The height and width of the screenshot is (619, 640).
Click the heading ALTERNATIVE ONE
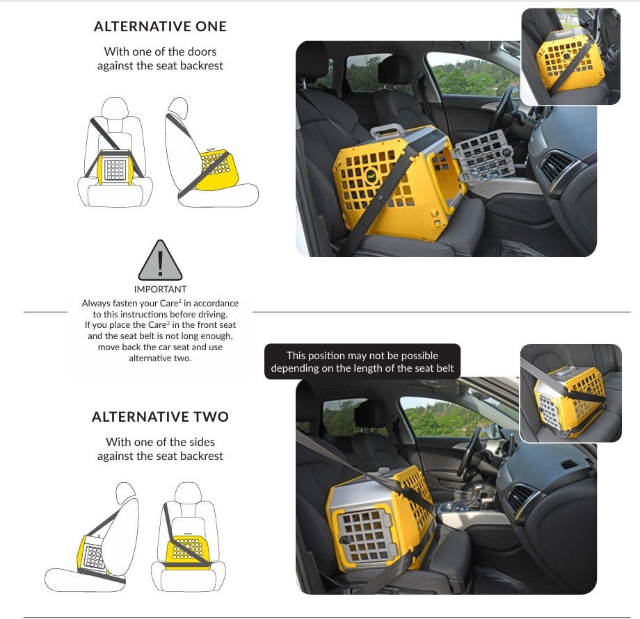[160, 26]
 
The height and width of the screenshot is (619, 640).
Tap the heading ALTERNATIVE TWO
[160, 417]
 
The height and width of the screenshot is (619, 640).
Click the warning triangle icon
[160, 260]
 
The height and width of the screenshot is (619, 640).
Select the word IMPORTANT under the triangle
[160, 289]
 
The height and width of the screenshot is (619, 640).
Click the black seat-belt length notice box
[362, 361]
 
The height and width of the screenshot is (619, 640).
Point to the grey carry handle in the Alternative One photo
[387, 131]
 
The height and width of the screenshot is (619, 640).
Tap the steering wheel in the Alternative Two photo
[470, 452]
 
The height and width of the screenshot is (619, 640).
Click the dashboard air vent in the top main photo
[554, 166]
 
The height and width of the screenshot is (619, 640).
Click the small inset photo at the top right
[570, 57]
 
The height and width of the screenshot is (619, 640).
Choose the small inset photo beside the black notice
[570, 393]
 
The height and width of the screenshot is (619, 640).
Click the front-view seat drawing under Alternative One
[115, 152]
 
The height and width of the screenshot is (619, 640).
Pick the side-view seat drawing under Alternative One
[211, 152]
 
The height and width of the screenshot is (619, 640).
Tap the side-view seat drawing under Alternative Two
[93, 537]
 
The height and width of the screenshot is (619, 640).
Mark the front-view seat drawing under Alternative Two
[188, 537]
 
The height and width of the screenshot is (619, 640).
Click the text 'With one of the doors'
[160, 51]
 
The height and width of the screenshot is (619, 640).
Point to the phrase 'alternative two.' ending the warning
[160, 358]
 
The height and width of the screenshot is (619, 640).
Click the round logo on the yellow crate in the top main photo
[371, 175]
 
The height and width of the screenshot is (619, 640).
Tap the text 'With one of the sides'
[160, 442]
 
